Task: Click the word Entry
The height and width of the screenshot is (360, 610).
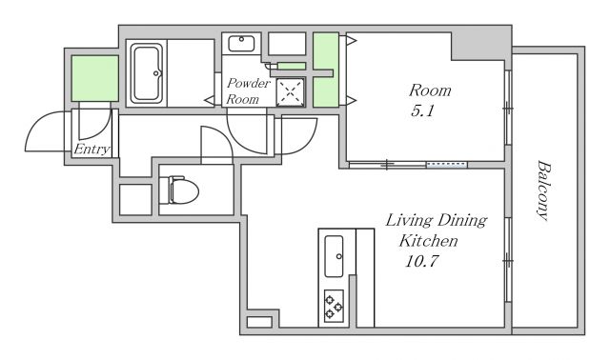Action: pyautogui.click(x=91, y=150)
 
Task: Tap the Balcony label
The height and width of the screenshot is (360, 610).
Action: pyautogui.click(x=543, y=190)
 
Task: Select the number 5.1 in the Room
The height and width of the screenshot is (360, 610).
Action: pyautogui.click(x=422, y=111)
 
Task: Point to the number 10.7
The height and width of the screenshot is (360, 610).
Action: pyautogui.click(x=421, y=260)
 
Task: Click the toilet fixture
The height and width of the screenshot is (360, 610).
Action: pyautogui.click(x=184, y=190)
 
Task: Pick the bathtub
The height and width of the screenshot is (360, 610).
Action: pyautogui.click(x=146, y=73)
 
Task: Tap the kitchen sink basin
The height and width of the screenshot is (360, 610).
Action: pyautogui.click(x=334, y=256)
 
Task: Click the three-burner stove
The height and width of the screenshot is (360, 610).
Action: pyautogui.click(x=334, y=306)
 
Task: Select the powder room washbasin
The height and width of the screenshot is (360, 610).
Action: pyautogui.click(x=241, y=43)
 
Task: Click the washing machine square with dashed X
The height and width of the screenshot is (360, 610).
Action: pyautogui.click(x=290, y=91)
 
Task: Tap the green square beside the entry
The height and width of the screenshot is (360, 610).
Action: pyautogui.click(x=95, y=78)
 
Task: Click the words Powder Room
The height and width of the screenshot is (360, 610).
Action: pyautogui.click(x=248, y=91)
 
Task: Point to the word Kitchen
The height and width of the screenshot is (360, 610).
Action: pyautogui.click(x=428, y=241)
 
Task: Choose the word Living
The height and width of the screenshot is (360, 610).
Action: pyautogui.click(x=409, y=221)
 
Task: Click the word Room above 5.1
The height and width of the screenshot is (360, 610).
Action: pyautogui.click(x=430, y=90)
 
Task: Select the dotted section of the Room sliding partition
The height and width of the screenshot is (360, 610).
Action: pyautogui.click(x=447, y=165)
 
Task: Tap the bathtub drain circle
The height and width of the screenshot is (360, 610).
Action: pyautogui.click(x=156, y=73)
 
